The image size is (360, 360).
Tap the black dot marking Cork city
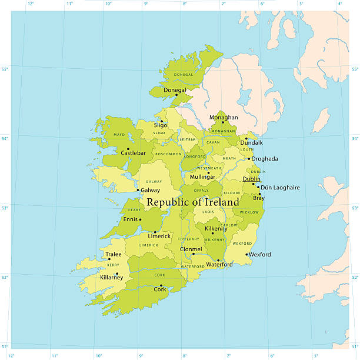pos(161,285)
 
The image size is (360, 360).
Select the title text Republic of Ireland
pos(193,202)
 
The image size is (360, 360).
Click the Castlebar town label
pos(133,153)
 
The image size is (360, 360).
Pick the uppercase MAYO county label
pos(119,135)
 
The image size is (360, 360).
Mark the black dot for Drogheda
pos(249,159)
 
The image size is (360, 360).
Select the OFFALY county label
pos(201,190)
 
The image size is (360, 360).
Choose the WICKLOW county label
pos(249,212)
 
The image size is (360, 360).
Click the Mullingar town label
pos(203,176)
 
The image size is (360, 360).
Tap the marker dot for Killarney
pos(117,273)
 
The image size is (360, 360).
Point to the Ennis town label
pos(130,219)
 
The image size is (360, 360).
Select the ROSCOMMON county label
pos(168,154)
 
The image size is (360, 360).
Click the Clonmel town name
pos(191,249)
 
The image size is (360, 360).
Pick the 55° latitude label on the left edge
pos(5,69)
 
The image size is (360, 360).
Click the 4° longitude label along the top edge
pos(339,4)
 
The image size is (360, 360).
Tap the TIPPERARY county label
pos(189,239)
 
